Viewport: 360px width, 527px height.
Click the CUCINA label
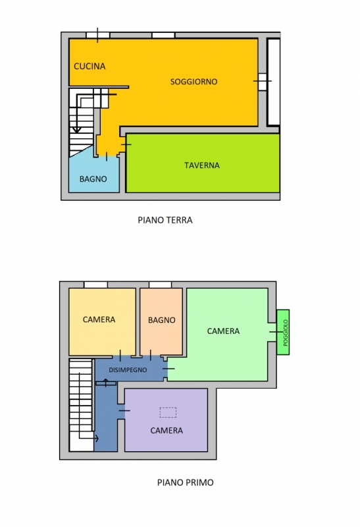90,67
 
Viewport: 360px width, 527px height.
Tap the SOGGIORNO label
193,82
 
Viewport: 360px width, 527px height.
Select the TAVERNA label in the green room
202,165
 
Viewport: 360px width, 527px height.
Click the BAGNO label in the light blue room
93,179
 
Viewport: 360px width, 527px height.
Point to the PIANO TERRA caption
165,220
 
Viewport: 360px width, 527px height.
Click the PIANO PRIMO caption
186,483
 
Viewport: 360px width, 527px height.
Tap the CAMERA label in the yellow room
99,319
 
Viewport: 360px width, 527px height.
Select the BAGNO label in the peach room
161,320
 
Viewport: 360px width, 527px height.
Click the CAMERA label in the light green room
223,331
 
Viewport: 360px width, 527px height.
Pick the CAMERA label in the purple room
167,431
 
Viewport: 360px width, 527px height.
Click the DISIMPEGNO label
128,370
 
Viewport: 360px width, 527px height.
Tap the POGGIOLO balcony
283,332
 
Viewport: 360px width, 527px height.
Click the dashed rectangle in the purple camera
168,412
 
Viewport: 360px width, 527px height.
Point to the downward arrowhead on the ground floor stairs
77,129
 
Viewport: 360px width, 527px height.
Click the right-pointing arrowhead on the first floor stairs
97,438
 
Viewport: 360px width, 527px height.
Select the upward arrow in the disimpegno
106,383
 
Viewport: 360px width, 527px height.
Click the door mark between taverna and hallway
126,144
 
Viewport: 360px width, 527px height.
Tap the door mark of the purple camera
124,410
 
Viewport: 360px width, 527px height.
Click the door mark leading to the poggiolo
276,332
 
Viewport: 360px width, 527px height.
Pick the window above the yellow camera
95,285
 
